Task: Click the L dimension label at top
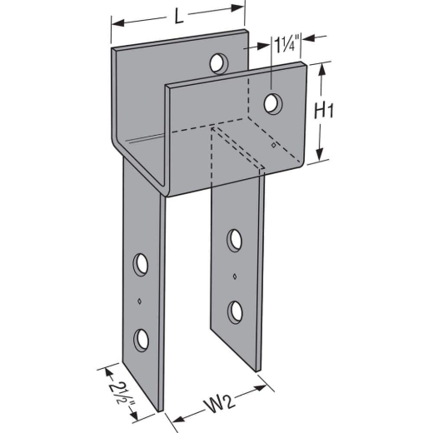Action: (179, 17)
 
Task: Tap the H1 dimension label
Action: (324, 111)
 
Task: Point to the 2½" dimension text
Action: (122, 393)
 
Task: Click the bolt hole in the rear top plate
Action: (219, 63)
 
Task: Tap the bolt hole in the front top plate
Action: (273, 104)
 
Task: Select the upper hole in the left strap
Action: (141, 264)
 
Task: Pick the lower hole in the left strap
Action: (141, 340)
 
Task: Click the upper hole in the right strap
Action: (234, 241)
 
